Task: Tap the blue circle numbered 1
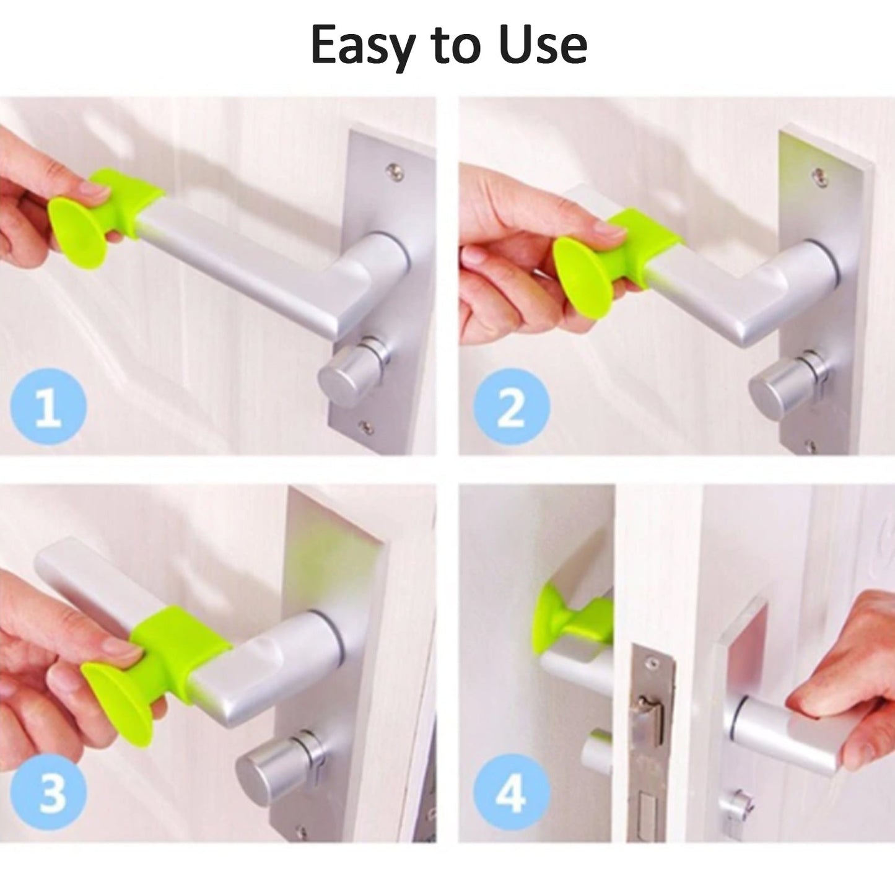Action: [x=49, y=407]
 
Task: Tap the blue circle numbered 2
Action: [x=511, y=407]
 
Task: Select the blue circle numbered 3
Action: [x=49, y=792]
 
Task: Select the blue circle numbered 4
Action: [x=511, y=792]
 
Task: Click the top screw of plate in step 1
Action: [x=391, y=168]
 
